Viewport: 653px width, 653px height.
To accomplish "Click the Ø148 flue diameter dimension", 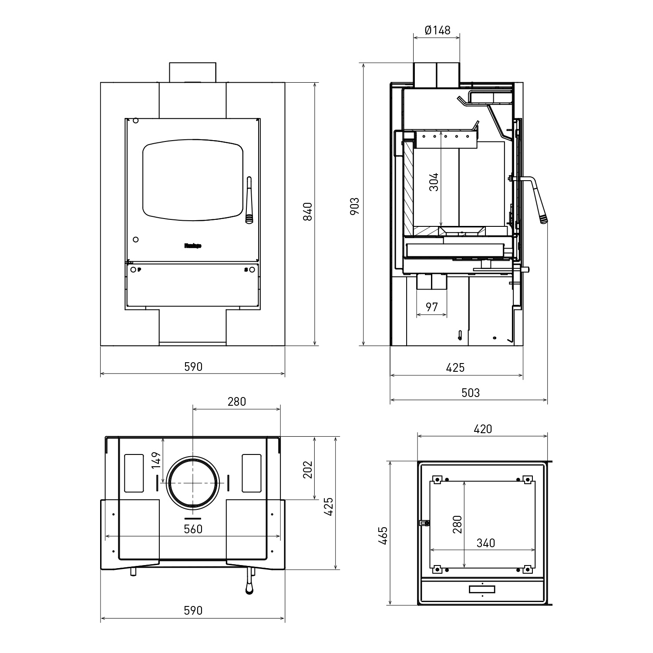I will [x=437, y=30].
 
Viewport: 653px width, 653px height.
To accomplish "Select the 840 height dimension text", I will [x=308, y=212].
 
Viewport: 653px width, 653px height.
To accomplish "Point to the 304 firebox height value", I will [x=434, y=182].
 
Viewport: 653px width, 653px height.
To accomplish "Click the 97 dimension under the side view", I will [x=431, y=307].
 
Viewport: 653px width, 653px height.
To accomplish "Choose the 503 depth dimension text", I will [x=470, y=393].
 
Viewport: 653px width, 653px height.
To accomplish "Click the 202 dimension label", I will [x=308, y=469].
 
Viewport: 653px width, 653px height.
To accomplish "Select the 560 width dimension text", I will [x=193, y=528].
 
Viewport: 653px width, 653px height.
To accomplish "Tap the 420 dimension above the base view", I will [x=482, y=429].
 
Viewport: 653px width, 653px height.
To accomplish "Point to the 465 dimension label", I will [x=383, y=535].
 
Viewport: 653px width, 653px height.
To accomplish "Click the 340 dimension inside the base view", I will [x=485, y=543].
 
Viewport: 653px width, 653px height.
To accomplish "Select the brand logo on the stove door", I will [x=193, y=246].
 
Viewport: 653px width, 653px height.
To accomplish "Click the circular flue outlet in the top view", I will [x=193, y=483].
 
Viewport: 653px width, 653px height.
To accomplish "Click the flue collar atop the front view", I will [x=192, y=72].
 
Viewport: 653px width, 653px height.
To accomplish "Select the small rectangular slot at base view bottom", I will [x=482, y=589].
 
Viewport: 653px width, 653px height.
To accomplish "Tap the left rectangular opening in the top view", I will [x=134, y=473].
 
